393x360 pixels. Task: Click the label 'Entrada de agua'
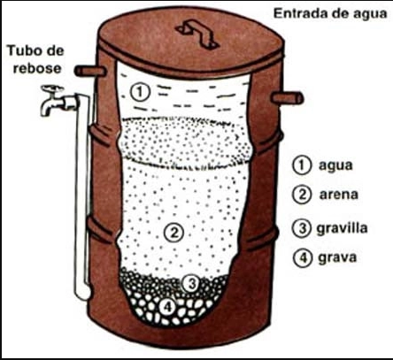[x=329, y=15]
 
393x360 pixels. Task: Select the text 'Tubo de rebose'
[x=36, y=57]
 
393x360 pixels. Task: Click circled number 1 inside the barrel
[x=137, y=91]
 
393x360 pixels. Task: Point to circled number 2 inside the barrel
[x=175, y=233]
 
